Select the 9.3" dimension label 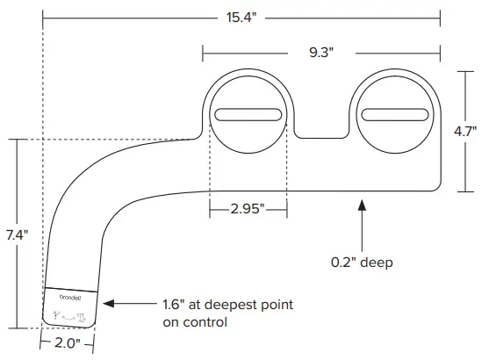tap(320, 52)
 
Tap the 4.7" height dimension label tap(465, 131)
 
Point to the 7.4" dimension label tap(17, 234)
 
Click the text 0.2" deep tap(362, 262)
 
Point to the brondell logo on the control tap(70, 297)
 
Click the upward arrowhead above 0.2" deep tap(362, 205)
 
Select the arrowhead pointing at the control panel tap(110, 305)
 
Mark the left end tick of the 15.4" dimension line tap(43, 16)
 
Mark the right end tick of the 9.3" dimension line tap(440, 52)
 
